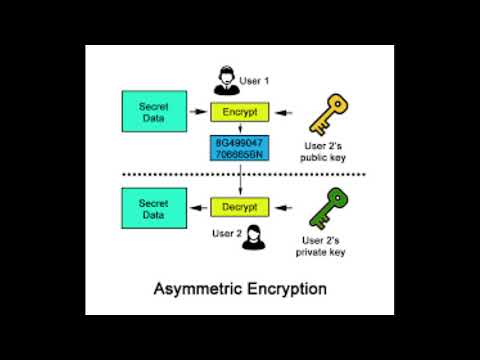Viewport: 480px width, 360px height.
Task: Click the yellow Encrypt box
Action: [241, 113]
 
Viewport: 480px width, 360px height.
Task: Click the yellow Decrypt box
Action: [241, 206]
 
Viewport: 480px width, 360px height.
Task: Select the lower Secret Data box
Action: [152, 206]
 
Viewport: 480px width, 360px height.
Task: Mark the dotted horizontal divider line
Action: [241, 175]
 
